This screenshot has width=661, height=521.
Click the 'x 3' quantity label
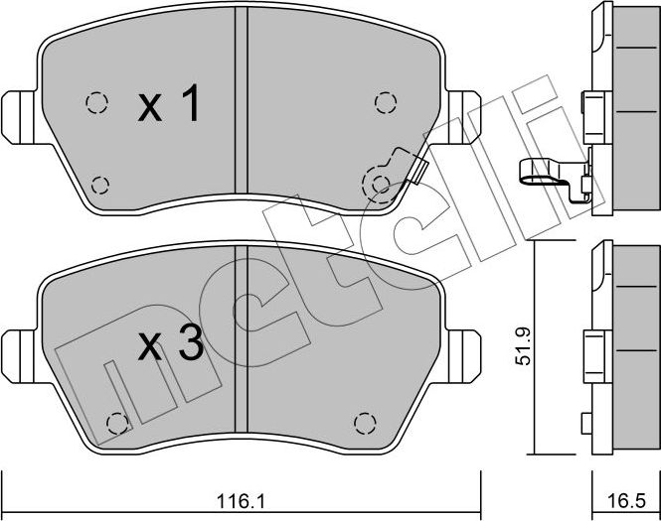(171, 344)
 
